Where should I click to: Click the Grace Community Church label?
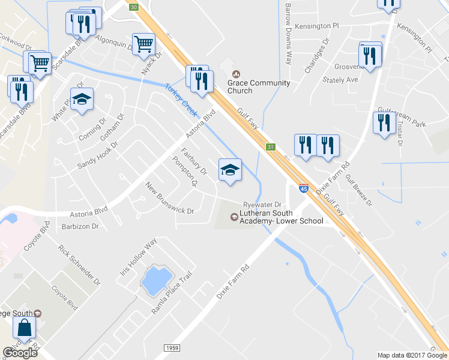[259, 87]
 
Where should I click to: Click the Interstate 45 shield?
[304, 189]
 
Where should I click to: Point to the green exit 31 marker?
[271, 147]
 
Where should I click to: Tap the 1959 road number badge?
[171, 348]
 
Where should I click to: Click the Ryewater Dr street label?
[262, 205]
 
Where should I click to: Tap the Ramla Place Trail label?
[171, 292]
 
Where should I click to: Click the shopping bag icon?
[25, 328]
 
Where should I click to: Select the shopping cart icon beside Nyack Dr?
[144, 44]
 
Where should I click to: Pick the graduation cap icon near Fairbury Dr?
[230, 169]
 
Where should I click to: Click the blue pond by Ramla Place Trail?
[154, 278]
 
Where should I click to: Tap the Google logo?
[20, 353]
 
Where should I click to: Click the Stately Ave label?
[340, 79]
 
